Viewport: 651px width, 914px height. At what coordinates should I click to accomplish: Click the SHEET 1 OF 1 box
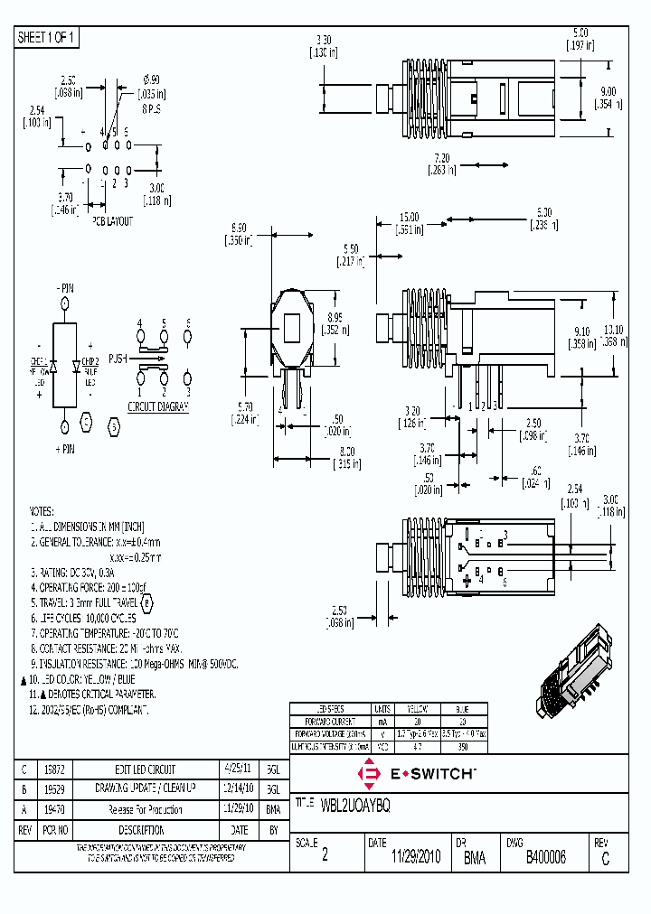coord(48,37)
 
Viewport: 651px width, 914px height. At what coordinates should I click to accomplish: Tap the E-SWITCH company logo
coord(417,773)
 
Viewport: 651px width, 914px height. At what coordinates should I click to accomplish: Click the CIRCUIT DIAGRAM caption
coord(158,407)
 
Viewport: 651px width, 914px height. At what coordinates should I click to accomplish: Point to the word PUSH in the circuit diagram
coord(118,358)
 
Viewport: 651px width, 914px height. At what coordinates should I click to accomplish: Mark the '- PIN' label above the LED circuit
coord(66,286)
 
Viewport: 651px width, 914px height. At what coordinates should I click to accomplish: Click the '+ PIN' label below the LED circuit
coord(66,449)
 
